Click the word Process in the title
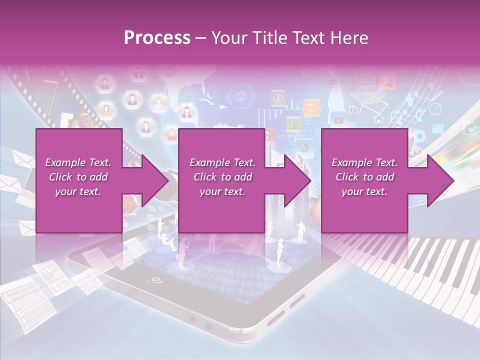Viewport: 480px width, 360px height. click(157, 38)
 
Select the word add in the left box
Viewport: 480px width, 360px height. click(99, 177)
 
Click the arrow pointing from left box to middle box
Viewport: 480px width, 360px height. click(149, 180)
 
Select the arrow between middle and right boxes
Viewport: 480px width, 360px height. click(292, 180)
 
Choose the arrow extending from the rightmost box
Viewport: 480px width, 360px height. click(434, 180)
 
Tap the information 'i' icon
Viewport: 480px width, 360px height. click(277, 98)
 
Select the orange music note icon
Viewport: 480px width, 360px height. click(387, 80)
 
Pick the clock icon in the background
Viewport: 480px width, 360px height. click(435, 108)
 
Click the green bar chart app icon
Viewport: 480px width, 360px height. click(293, 123)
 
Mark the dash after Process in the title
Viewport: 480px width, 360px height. click(200, 38)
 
